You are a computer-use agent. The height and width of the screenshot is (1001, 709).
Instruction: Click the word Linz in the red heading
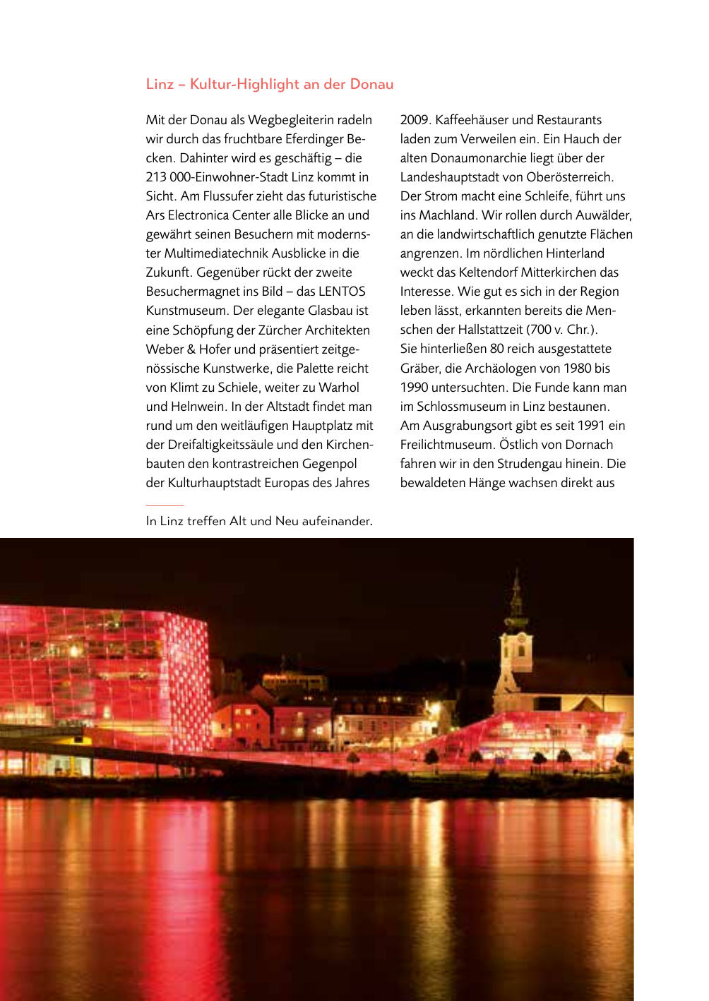(x=160, y=84)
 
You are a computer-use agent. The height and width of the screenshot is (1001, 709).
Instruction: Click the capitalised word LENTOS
(x=342, y=292)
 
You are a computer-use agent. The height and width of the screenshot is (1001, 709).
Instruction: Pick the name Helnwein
(x=198, y=407)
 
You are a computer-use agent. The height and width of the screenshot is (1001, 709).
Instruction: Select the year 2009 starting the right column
(x=414, y=120)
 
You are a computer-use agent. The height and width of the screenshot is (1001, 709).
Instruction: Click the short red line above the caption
(x=165, y=505)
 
